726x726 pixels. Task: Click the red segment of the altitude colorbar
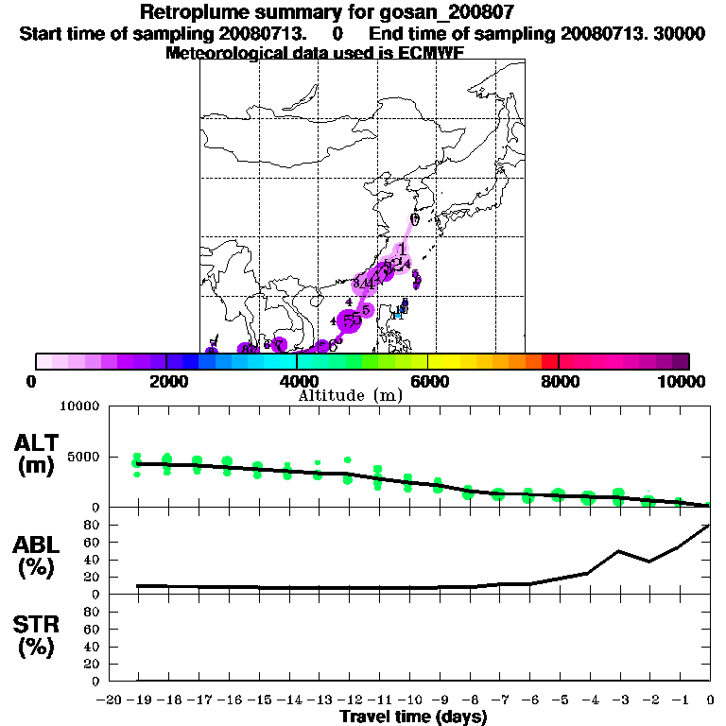click(x=549, y=360)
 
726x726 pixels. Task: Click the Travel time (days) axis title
click(x=413, y=717)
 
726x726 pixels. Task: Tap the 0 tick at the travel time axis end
click(x=710, y=700)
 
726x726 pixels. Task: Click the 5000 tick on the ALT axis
click(x=84, y=457)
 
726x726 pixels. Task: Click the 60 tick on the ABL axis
click(x=93, y=542)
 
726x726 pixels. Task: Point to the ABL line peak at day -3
click(x=619, y=550)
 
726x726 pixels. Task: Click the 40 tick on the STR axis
click(x=93, y=647)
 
